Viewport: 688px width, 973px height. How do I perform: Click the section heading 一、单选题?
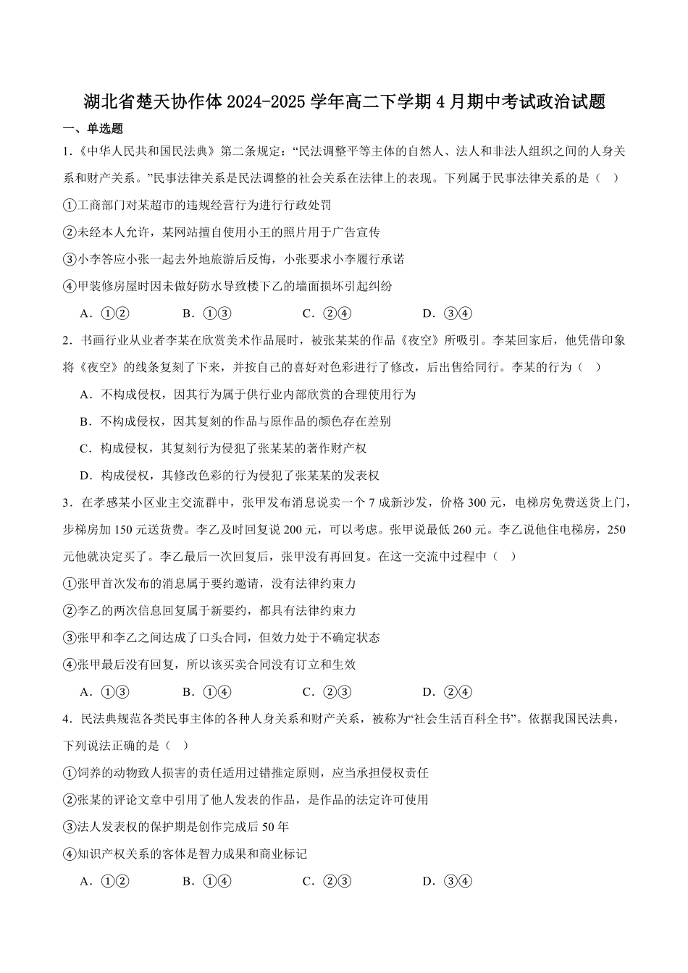tap(93, 129)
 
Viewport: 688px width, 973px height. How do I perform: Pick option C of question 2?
tap(224, 449)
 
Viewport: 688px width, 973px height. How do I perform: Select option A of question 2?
tap(248, 395)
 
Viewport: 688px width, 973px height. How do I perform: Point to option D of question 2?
tap(230, 476)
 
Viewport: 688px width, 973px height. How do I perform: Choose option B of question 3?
tap(206, 692)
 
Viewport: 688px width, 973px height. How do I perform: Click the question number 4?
tap(66, 719)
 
